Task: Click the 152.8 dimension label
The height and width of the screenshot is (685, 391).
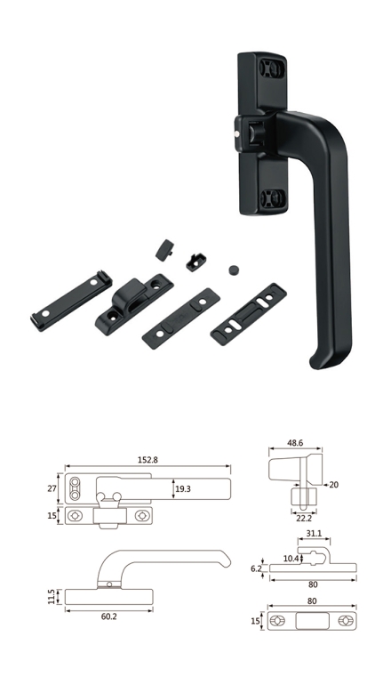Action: pos(148,460)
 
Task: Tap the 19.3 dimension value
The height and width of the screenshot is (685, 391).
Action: pos(183,489)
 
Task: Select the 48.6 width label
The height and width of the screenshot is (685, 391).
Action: pos(295,443)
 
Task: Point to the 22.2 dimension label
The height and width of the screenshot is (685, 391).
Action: pos(303,518)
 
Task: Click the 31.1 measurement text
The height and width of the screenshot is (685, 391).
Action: pos(314,534)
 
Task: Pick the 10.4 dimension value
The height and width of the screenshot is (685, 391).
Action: pos(291,559)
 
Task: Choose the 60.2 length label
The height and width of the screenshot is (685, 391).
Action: pos(109,616)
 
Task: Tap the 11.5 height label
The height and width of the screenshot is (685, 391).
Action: pos(52,596)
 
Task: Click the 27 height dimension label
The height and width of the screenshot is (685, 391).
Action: pos(52,488)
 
